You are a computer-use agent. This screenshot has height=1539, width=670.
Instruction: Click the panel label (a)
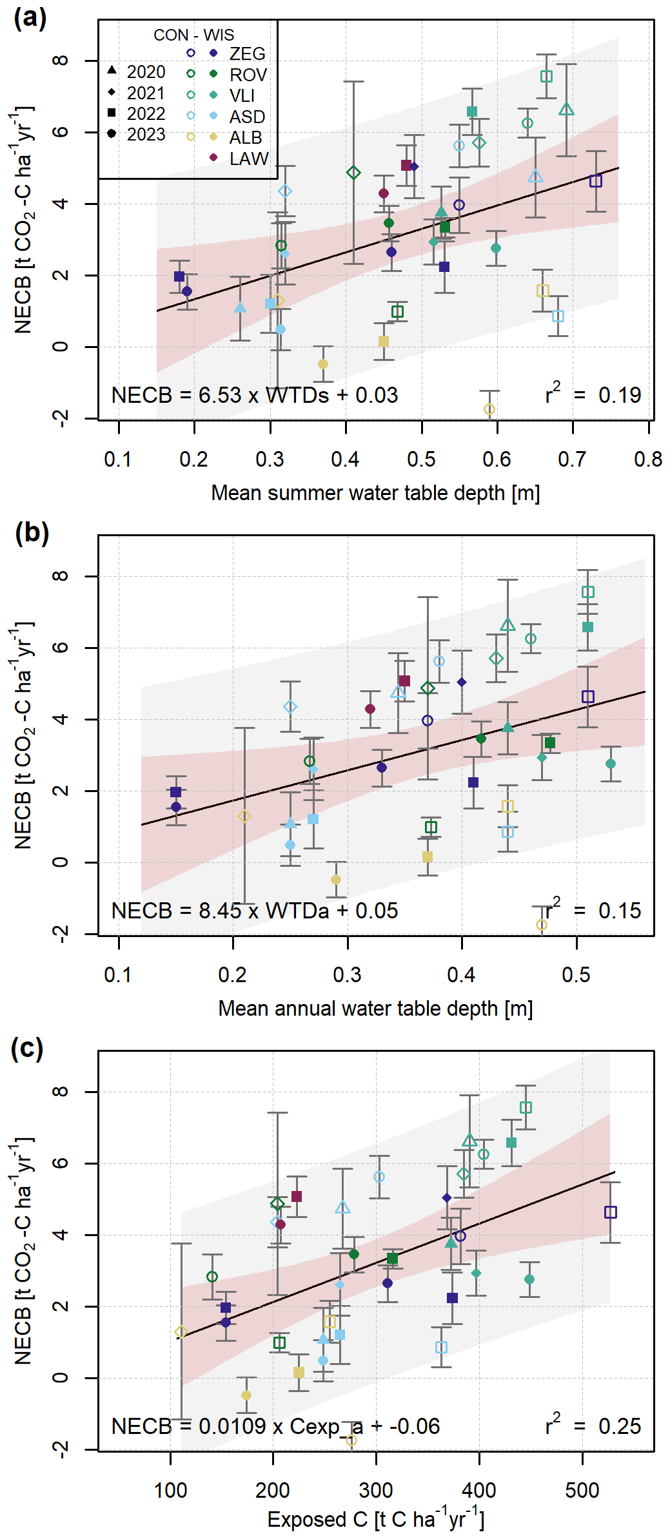coord(30,18)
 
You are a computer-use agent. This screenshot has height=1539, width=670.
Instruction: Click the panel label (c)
coord(28,1049)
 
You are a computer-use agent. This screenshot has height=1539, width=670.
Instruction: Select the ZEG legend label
coord(247,53)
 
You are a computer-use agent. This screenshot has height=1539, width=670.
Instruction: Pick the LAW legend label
coord(248,159)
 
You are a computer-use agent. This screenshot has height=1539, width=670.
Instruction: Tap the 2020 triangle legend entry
coord(112,70)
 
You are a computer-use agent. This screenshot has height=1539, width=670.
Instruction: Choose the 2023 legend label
coord(146,135)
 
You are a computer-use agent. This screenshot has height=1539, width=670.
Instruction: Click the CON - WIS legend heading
coord(193,35)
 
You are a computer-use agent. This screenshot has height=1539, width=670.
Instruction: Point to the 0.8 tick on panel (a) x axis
coord(648,459)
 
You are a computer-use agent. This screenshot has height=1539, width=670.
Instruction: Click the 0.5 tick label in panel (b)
coord(576,974)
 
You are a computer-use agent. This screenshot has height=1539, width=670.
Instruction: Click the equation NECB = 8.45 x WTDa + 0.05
coord(255,911)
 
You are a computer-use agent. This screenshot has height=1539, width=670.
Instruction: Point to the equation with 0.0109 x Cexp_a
coord(275,1426)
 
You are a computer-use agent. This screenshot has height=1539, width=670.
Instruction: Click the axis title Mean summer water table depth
coord(375,493)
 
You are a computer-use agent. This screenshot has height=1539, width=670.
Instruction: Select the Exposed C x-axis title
coord(375,1520)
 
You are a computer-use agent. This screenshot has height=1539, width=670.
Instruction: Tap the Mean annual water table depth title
coord(375,1009)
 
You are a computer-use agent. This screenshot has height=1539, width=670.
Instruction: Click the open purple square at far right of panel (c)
coord(611,1212)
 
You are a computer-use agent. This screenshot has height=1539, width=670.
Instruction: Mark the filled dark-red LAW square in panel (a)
coord(406,166)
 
